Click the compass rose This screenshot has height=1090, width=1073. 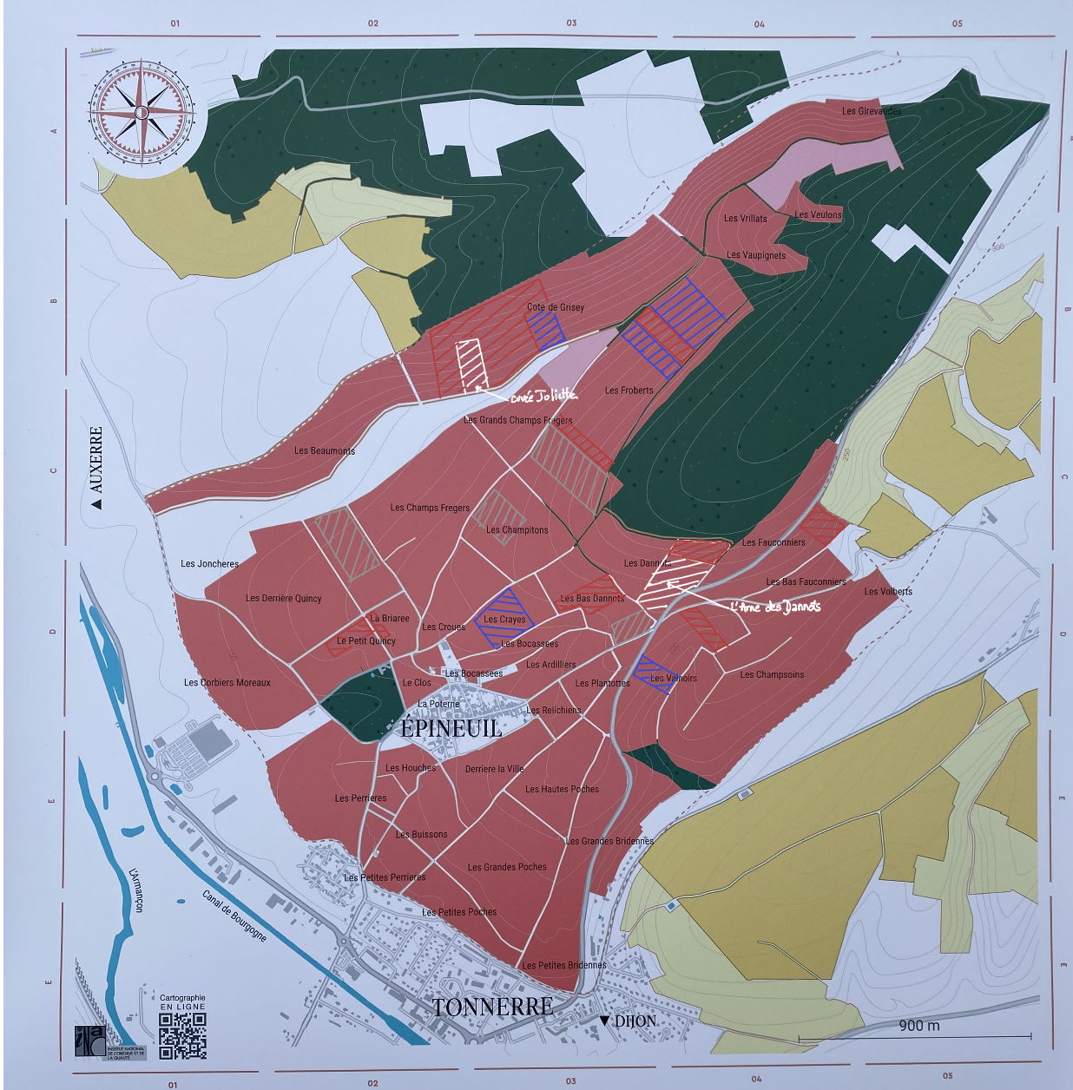tap(142, 112)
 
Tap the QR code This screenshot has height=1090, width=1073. tap(182, 1035)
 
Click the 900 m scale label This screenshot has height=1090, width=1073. tap(918, 1026)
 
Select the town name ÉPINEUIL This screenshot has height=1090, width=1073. tap(451, 728)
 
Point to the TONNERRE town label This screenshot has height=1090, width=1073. tap(492, 1007)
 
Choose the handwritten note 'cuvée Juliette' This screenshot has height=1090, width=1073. tap(543, 396)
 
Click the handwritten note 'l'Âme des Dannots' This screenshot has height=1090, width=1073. tap(774, 607)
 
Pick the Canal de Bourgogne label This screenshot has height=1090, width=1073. tap(234, 916)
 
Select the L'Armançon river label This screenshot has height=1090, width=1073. tap(136, 890)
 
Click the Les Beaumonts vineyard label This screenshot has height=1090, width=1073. tap(325, 450)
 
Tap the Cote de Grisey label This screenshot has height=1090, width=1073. tap(556, 307)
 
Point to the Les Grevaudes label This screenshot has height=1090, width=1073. tap(871, 111)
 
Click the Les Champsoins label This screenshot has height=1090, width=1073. tap(772, 674)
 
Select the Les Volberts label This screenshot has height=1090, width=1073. tap(888, 591)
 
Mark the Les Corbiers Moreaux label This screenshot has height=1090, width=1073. tap(227, 682)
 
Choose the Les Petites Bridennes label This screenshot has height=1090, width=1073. tap(564, 965)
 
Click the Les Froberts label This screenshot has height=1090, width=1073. tap(629, 391)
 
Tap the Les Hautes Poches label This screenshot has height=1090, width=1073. tap(562, 789)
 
